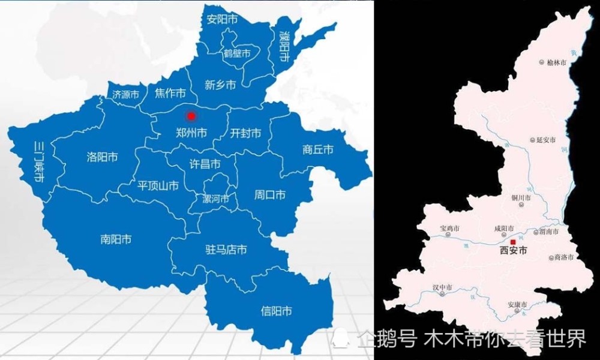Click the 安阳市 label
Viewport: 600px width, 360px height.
click(222, 19)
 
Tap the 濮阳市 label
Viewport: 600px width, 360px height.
click(283, 49)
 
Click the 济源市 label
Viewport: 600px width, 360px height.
click(126, 95)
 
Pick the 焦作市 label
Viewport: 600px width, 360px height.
click(169, 94)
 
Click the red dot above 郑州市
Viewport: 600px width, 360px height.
click(191, 116)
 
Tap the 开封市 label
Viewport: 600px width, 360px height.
click(246, 133)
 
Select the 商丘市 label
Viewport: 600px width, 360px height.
click(318, 150)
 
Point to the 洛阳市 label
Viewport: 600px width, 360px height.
click(102, 157)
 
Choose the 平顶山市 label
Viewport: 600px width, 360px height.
click(158, 186)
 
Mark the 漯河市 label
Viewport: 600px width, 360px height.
click(216, 199)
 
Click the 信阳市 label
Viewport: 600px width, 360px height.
click(277, 311)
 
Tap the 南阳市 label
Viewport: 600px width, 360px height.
click(116, 240)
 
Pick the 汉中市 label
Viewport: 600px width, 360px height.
click(446, 288)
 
